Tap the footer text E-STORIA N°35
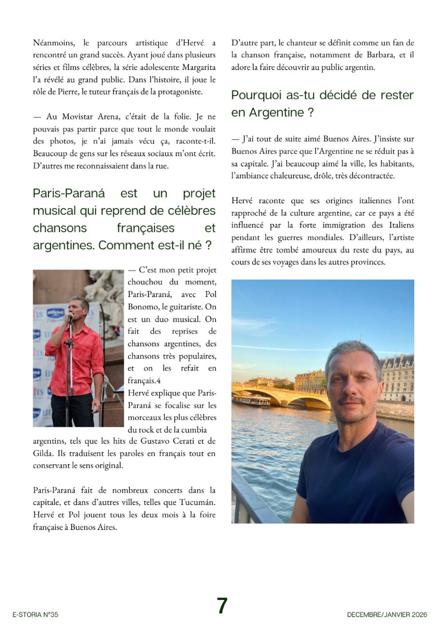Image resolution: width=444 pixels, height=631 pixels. point(35,615)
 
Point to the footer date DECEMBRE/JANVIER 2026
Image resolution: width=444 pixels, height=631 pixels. point(387,615)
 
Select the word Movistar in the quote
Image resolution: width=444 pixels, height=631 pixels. point(77,117)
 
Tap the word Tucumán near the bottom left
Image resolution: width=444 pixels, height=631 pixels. point(197,502)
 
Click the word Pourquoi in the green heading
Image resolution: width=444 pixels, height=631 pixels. point(257,95)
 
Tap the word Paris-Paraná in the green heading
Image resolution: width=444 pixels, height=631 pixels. point(69,193)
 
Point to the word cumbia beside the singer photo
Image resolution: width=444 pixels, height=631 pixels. point(196,430)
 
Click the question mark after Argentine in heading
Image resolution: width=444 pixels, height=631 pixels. point(310,112)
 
